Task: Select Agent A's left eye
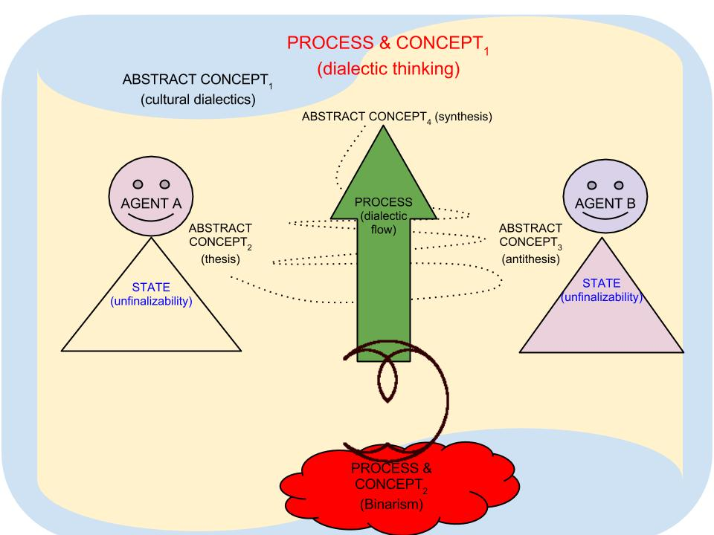(x=137, y=184)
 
